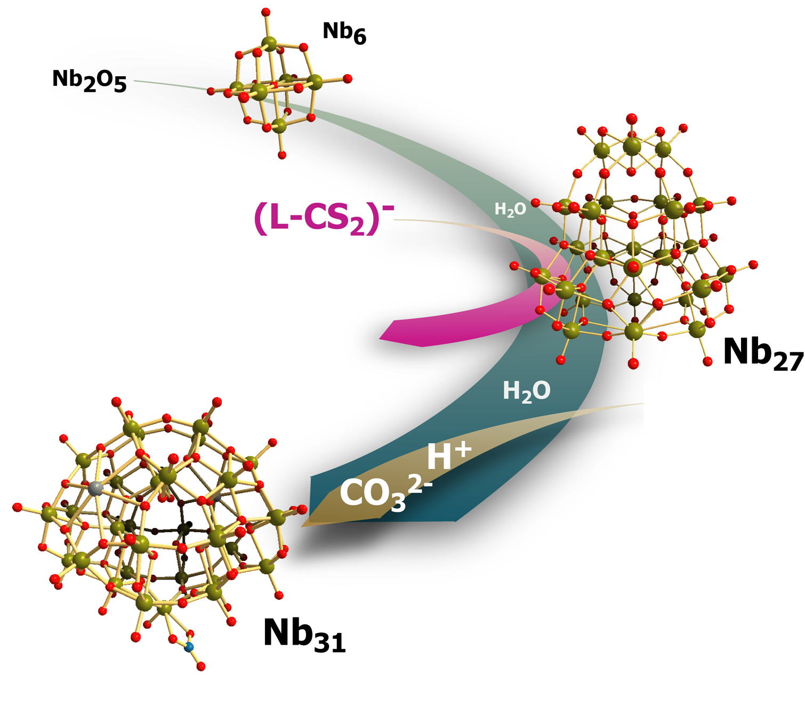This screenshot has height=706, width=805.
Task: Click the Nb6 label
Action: (344, 33)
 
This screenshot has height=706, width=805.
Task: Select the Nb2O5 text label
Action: (90, 81)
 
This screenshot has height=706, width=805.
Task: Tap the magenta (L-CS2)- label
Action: (324, 219)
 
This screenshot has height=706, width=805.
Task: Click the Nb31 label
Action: (304, 635)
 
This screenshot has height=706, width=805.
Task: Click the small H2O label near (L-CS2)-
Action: (510, 209)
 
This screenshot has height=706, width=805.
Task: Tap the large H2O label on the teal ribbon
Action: (527, 391)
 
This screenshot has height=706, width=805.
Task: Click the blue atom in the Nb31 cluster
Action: (190, 647)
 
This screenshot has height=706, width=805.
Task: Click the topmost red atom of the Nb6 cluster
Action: (266, 12)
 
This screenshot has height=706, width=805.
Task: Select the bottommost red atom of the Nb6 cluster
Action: (282, 155)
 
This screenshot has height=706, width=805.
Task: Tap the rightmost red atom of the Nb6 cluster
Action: (347, 78)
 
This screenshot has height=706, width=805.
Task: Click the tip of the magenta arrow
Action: (380, 339)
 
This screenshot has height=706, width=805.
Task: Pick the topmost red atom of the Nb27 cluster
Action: (631, 118)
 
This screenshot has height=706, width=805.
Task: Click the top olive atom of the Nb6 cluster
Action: (269, 43)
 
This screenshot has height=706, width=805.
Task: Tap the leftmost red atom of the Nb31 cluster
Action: (17, 507)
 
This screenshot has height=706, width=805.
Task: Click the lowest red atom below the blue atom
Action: (201, 666)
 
